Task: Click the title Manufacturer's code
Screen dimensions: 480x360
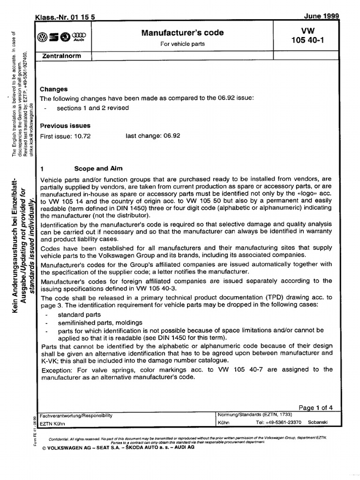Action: tap(182, 33)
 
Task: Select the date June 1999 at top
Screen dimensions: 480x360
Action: tap(321, 16)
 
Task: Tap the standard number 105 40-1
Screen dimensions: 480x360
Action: tap(307, 40)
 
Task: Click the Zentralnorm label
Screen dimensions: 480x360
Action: tap(62, 56)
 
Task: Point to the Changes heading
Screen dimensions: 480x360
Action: tap(54, 89)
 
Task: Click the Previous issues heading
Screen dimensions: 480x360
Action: tap(65, 126)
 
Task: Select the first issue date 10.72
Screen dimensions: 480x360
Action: tap(82, 136)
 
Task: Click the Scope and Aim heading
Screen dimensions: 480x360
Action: tap(98, 168)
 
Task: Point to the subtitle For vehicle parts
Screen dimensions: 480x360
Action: tap(182, 44)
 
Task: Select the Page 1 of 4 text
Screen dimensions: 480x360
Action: tap(315, 407)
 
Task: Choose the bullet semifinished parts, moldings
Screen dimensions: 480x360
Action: tap(100, 322)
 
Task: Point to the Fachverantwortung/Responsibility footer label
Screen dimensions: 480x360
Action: tap(76, 415)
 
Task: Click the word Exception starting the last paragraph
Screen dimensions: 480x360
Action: tap(56, 369)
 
